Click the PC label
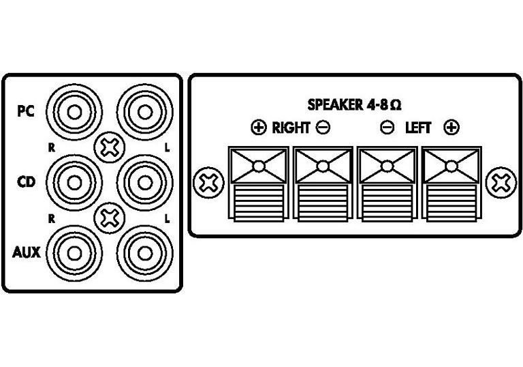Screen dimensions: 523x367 tap(26, 111)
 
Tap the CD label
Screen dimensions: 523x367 tap(26, 182)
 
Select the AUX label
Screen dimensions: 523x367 tap(27, 252)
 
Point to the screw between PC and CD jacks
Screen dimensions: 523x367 tap(110, 147)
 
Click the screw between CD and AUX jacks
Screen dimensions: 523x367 tap(110, 218)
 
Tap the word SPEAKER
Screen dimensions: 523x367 tap(335, 105)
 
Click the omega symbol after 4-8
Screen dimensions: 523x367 tap(395, 106)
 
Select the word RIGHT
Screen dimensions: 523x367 tap(291, 128)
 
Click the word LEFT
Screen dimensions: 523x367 tap(418, 128)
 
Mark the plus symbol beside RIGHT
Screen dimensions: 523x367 tap(259, 128)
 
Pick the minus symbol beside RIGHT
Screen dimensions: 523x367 tap(323, 128)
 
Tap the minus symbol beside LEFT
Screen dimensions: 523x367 tap(387, 128)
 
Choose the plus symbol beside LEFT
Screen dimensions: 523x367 tap(451, 128)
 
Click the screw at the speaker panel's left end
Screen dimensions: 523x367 tap(209, 183)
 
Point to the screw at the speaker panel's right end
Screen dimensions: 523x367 tap(501, 183)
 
